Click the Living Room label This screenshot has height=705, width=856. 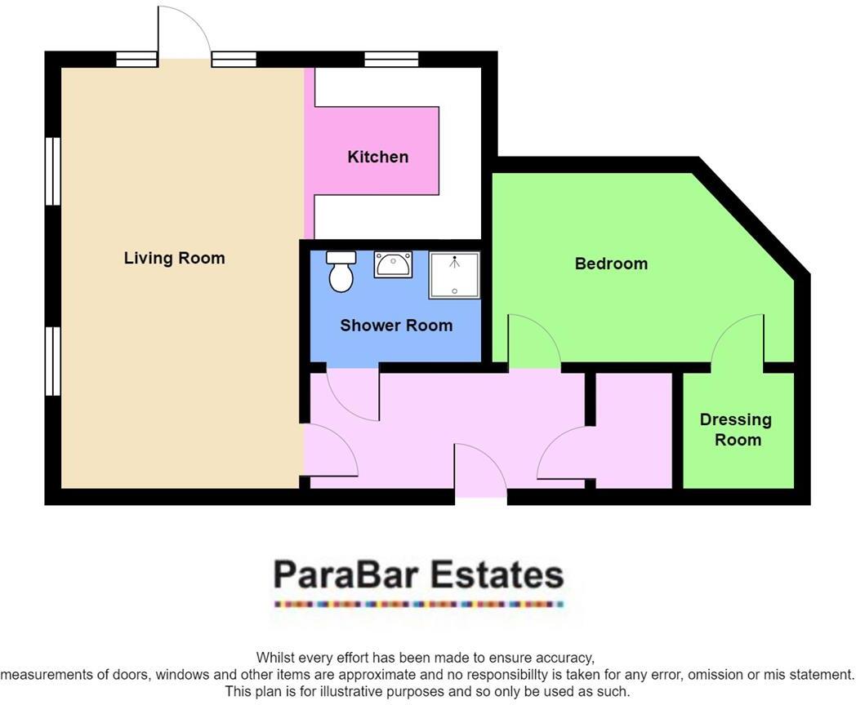click(174, 259)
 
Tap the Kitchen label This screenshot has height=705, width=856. click(377, 157)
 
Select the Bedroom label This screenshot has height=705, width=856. click(611, 264)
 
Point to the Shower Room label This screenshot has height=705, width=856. click(396, 326)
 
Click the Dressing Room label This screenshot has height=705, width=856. click(736, 429)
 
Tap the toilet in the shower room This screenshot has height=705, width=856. click(341, 272)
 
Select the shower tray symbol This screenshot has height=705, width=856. click(454, 275)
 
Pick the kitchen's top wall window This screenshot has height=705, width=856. click(391, 59)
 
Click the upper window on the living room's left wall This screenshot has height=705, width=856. click(53, 171)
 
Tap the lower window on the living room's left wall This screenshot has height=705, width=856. click(53, 361)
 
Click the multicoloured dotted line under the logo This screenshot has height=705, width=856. click(418, 605)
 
